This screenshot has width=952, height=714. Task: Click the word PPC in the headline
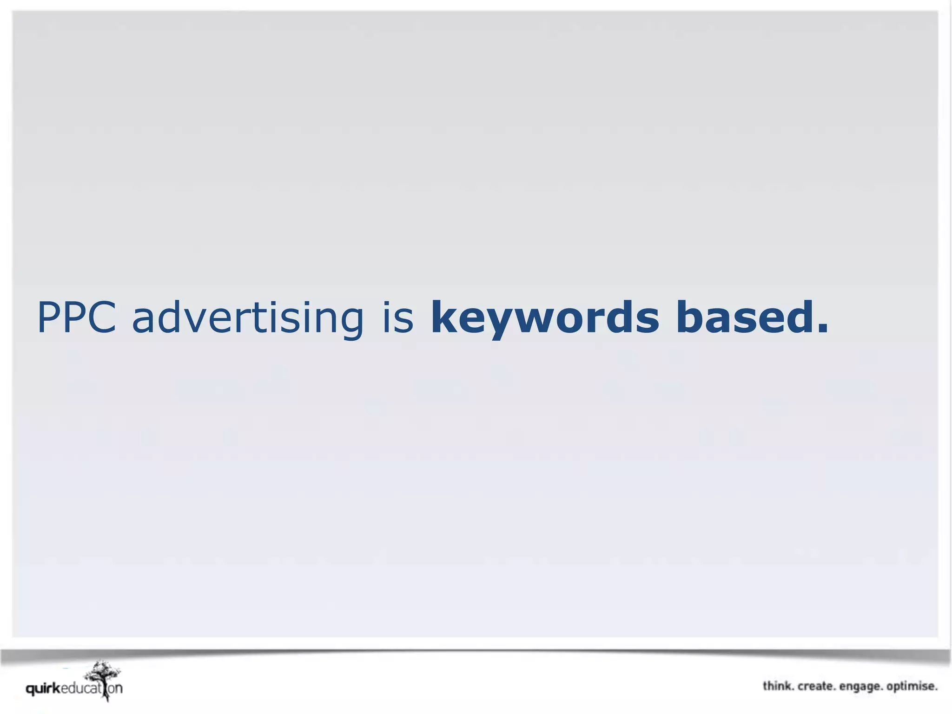pyautogui.click(x=77, y=317)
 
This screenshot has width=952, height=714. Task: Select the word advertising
pyautogui.click(x=248, y=318)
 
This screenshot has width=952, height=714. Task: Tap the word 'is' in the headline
pyautogui.click(x=398, y=317)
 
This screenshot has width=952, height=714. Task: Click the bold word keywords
pyautogui.click(x=545, y=318)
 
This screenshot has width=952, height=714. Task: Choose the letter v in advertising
pyautogui.click(x=193, y=321)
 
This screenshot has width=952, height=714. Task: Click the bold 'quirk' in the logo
pyautogui.click(x=43, y=688)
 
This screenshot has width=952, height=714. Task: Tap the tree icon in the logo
pyautogui.click(x=103, y=678)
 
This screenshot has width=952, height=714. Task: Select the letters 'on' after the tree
pyautogui.click(x=116, y=688)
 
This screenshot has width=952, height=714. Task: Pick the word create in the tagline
pyautogui.click(x=817, y=686)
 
